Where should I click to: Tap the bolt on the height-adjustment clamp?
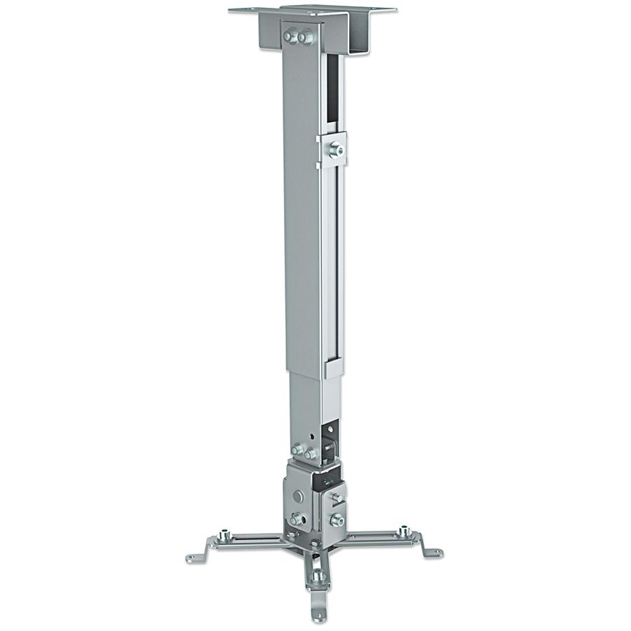pyautogui.click(x=336, y=149)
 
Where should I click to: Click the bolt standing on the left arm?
pyautogui.click(x=224, y=535)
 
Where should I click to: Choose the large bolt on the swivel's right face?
pyautogui.click(x=337, y=520)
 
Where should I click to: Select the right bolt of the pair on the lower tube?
pyautogui.click(x=310, y=454)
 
